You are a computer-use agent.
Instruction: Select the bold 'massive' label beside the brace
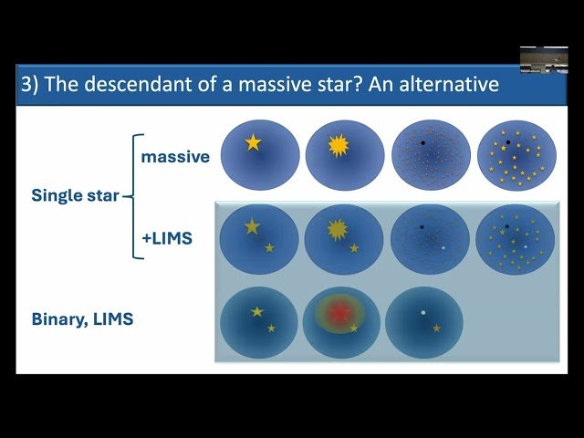(x=175, y=157)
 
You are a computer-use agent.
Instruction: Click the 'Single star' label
(x=75, y=195)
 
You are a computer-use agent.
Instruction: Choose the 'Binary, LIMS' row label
(x=82, y=320)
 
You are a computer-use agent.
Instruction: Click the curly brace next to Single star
(x=133, y=195)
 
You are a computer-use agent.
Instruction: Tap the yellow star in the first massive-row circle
(x=252, y=143)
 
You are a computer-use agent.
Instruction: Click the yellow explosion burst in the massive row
(x=338, y=146)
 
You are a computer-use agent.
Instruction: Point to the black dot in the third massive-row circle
(x=422, y=143)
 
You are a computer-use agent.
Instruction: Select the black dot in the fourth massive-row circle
(x=507, y=142)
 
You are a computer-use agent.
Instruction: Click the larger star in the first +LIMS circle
(x=252, y=227)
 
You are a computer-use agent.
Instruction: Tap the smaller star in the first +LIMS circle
(x=269, y=247)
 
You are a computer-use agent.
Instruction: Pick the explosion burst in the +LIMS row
(x=338, y=228)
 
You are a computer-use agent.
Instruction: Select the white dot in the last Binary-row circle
(x=422, y=313)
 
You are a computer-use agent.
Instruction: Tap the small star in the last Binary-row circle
(x=436, y=328)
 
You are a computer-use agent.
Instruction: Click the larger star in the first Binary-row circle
(x=257, y=312)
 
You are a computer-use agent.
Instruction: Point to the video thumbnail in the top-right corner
(x=544, y=60)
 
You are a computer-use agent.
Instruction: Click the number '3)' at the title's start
(x=32, y=86)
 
